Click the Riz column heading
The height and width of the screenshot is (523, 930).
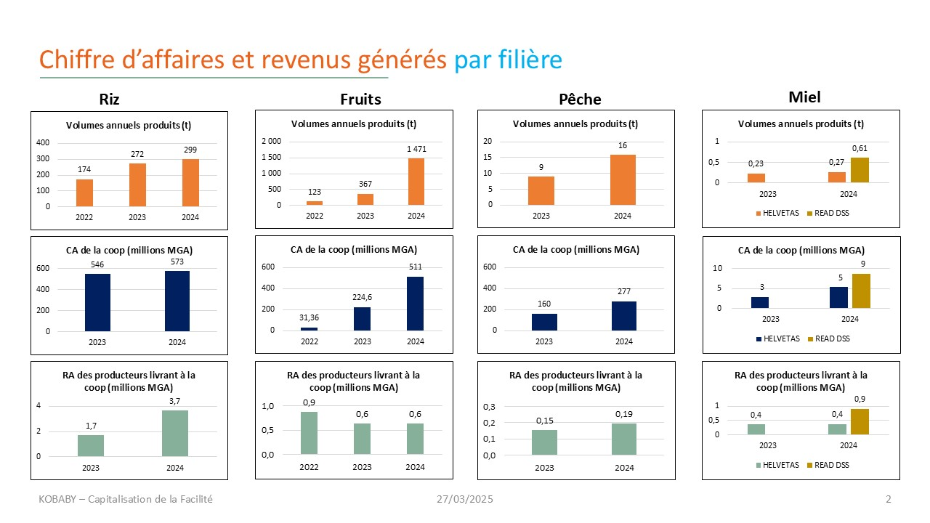[x=109, y=100]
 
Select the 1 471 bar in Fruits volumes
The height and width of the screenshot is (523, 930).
[x=416, y=182]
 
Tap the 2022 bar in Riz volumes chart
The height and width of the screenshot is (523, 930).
[x=85, y=192]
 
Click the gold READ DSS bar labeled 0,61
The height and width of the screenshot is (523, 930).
[x=860, y=170]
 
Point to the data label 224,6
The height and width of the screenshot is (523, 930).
[x=363, y=297]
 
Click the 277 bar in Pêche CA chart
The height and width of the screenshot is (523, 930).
[x=623, y=316]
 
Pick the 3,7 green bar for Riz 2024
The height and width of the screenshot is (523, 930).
[x=175, y=434]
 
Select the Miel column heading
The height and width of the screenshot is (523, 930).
[x=804, y=97]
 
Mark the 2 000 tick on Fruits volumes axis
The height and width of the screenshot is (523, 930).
[x=271, y=141]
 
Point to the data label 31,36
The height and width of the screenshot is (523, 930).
[x=310, y=317]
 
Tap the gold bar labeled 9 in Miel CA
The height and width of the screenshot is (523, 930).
[x=861, y=291]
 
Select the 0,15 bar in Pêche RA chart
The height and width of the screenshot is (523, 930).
[x=544, y=442]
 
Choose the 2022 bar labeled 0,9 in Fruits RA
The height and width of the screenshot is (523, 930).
[x=310, y=433]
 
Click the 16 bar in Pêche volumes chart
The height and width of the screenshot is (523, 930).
[x=623, y=179]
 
